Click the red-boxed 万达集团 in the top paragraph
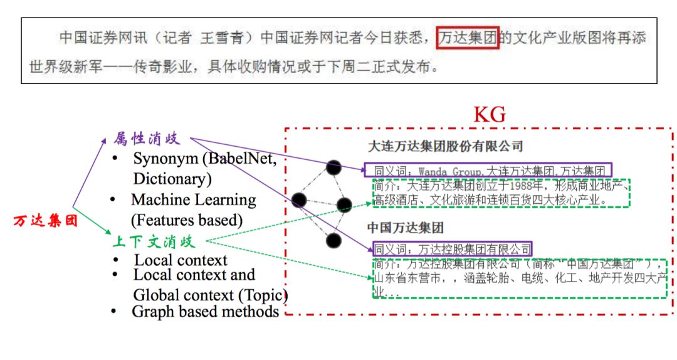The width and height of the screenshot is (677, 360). [468, 38]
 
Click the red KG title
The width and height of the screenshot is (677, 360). [490, 114]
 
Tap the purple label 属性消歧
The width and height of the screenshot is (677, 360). [150, 137]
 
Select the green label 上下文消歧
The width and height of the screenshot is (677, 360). [154, 241]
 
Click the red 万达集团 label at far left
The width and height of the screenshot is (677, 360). [45, 221]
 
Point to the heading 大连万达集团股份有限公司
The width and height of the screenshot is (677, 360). [445, 147]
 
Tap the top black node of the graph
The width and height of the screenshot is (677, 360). [334, 167]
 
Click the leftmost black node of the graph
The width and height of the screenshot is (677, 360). [299, 200]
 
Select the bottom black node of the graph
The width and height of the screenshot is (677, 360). [334, 240]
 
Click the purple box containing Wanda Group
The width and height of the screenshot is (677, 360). [488, 170]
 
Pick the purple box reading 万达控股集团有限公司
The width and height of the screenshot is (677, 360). [452, 248]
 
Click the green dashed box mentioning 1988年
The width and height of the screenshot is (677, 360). [500, 193]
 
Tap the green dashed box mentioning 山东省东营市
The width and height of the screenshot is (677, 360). [519, 278]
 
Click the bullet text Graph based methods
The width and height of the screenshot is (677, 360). [205, 311]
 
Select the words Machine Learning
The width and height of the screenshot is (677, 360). [193, 200]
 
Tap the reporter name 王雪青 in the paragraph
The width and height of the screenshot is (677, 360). [219, 38]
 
